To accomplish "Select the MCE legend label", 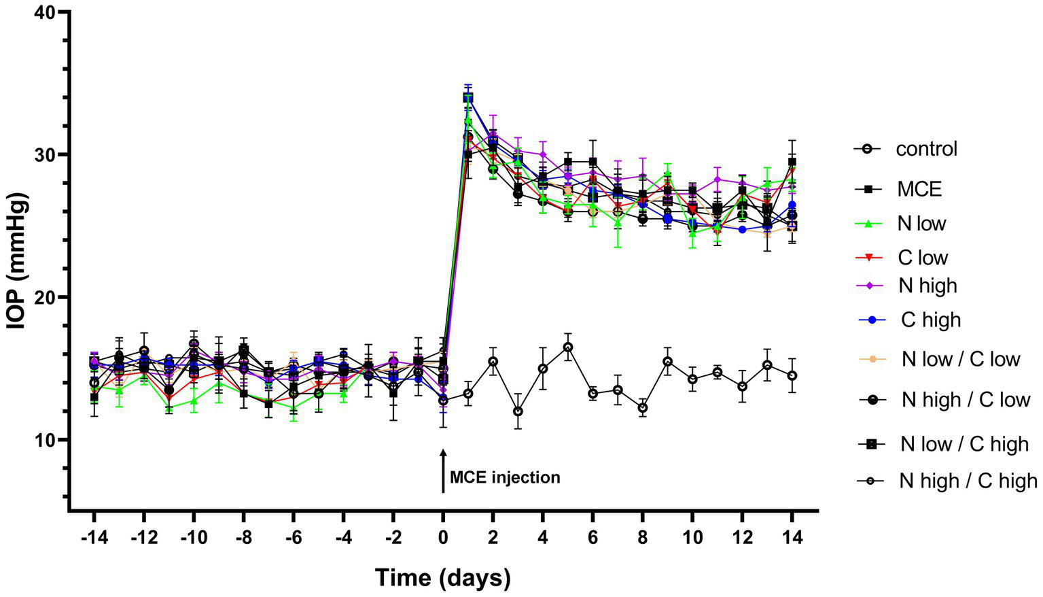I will (919, 189).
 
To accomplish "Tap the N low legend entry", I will (921, 224).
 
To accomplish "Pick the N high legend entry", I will (927, 286).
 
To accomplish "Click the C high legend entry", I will (930, 320).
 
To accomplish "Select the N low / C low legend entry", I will (960, 359).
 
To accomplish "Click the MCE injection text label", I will (505, 477).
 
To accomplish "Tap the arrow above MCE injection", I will (443, 470).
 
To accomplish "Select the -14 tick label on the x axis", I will (94, 537).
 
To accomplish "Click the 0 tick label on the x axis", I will (443, 537).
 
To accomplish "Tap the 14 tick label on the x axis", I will (792, 537).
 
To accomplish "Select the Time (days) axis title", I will (443, 578).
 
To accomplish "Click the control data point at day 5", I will (568, 347).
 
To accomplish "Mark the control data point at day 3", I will (518, 411).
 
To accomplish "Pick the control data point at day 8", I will (643, 408).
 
